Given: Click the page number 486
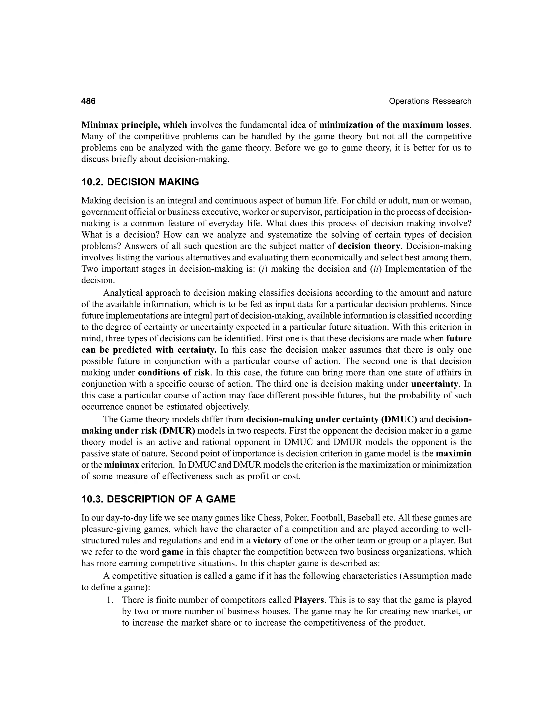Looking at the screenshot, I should coord(89,101).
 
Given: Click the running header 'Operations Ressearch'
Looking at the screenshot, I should coord(430,101).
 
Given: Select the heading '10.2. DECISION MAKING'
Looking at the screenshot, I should coord(140,182).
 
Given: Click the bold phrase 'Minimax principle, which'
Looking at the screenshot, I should coord(134,125).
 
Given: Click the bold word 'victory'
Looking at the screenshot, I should coord(267,540).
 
